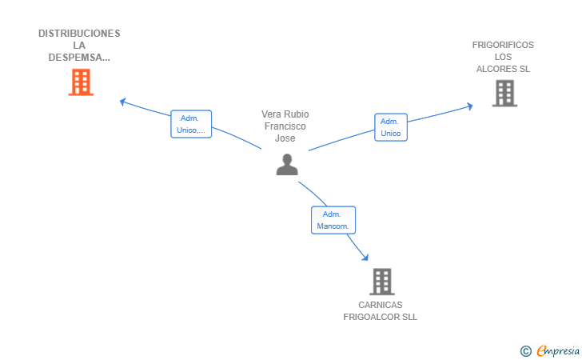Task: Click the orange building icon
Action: point(81,82)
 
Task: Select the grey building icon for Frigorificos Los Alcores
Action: point(504,94)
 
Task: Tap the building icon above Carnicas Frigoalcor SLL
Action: point(382,282)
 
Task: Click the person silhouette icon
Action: point(287,165)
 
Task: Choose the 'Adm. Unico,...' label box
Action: point(191,124)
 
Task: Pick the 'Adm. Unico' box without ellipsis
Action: point(391,127)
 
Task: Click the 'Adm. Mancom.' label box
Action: point(333,220)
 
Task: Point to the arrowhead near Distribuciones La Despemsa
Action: point(122,102)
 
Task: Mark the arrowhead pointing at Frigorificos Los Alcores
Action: point(470,106)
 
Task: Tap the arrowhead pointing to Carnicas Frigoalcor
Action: point(365,257)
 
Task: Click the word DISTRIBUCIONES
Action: point(79,34)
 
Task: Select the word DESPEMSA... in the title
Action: point(79,58)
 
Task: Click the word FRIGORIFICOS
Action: point(503,45)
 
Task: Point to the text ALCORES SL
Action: point(503,69)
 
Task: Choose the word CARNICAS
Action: point(380,305)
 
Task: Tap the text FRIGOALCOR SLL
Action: point(380,317)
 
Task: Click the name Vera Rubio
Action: point(285,114)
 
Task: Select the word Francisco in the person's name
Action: point(285,126)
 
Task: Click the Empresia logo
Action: point(558,350)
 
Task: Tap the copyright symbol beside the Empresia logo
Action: point(526,351)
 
